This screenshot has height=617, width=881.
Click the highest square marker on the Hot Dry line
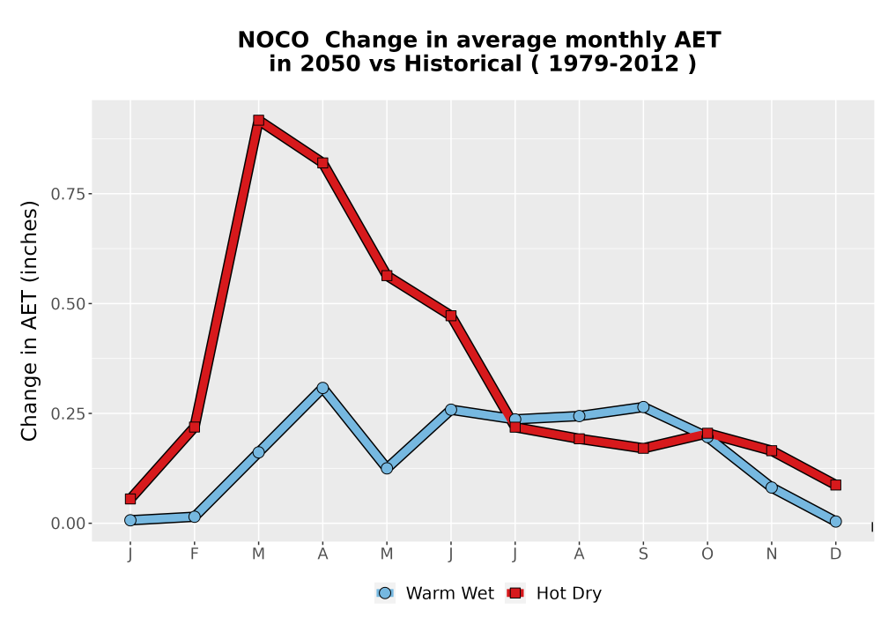coord(258,120)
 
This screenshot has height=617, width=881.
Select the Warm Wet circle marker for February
coord(195,517)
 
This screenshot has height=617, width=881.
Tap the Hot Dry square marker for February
coord(195,427)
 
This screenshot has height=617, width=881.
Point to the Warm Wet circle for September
coord(643,407)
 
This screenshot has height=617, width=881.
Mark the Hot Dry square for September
coord(643,448)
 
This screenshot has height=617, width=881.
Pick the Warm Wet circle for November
coord(772,487)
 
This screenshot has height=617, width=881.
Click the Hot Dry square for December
coord(835,485)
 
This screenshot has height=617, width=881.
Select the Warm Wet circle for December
coord(835,522)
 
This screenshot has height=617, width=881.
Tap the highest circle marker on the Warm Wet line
coord(322,388)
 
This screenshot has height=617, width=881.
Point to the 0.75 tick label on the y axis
coord(69,194)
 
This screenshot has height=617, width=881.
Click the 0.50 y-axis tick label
coord(69,304)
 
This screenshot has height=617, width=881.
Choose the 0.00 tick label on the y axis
coord(69,524)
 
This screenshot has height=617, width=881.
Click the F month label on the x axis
coord(195,554)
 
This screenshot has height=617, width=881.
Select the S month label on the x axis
coord(643,554)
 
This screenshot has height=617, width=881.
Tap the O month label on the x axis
coord(707,554)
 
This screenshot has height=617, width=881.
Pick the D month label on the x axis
coord(835,554)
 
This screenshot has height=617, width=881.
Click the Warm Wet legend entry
coord(435,593)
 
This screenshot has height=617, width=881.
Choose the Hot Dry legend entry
coord(554,593)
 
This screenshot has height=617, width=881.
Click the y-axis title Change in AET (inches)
coord(29,321)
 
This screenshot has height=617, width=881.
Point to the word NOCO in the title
coord(273,40)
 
